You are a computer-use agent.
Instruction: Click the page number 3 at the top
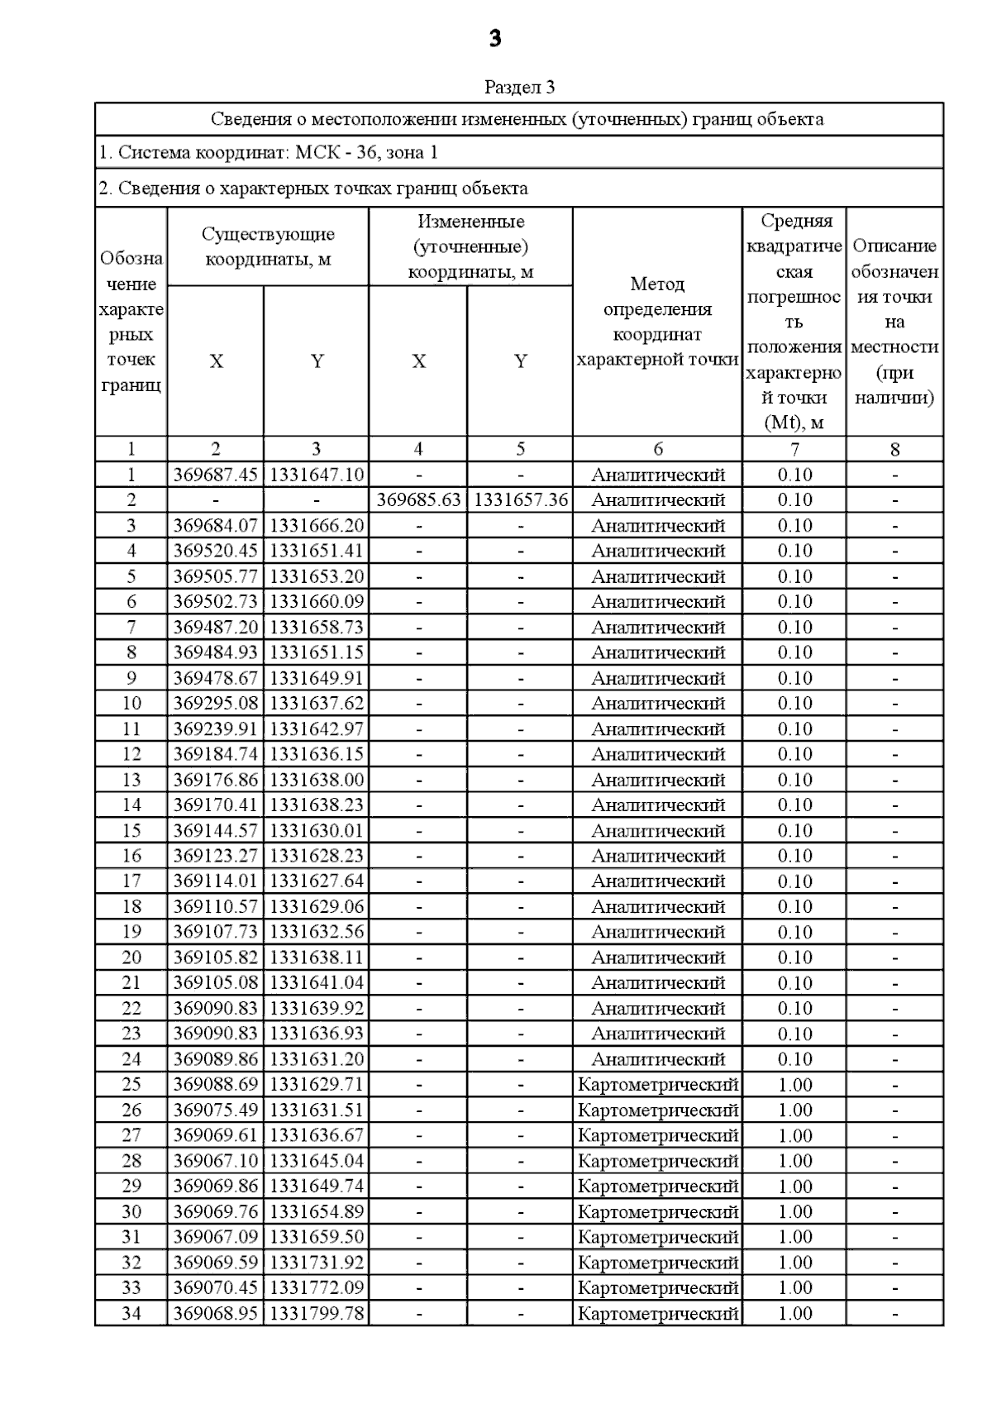pyautogui.click(x=495, y=39)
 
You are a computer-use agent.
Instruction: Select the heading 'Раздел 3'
pyautogui.click(x=519, y=87)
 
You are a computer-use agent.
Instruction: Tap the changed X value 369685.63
pyautogui.click(x=418, y=500)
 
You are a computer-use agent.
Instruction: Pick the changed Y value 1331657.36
pyautogui.click(x=520, y=500)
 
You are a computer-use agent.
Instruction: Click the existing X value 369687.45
pyautogui.click(x=216, y=475)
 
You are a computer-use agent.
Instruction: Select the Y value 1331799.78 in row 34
pyautogui.click(x=317, y=1313)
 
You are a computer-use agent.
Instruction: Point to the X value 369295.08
pyautogui.click(x=216, y=704)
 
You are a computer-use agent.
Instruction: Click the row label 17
pyautogui.click(x=131, y=881)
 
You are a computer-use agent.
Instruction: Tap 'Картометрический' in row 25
pyautogui.click(x=658, y=1085)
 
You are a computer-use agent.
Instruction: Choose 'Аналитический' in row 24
pyautogui.click(x=658, y=1059)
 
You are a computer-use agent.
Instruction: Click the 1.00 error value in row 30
pyautogui.click(x=794, y=1212)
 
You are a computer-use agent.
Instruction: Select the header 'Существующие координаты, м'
pyautogui.click(x=268, y=246)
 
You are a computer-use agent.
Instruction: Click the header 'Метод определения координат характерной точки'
pyautogui.click(x=658, y=322)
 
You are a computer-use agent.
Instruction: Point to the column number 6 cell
pyautogui.click(x=658, y=449)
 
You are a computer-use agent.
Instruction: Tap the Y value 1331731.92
pyautogui.click(x=317, y=1263)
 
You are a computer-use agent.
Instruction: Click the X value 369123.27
pyautogui.click(x=216, y=856)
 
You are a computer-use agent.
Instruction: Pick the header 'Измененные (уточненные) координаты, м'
pyautogui.click(x=470, y=246)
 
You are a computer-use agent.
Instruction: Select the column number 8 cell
pyautogui.click(x=894, y=449)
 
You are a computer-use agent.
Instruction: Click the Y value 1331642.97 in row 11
pyautogui.click(x=317, y=729)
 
